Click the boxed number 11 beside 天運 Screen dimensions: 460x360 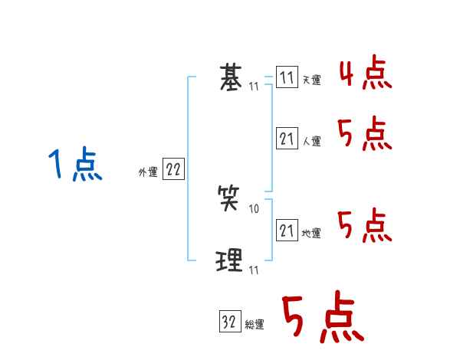tap(287, 77)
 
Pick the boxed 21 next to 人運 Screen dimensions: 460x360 tap(287, 139)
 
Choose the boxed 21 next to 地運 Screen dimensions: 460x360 tap(287, 231)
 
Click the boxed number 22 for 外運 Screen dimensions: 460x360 tap(173, 170)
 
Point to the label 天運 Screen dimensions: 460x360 tap(311, 80)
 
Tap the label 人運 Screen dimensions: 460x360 tap(311, 142)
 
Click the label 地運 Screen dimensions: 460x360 tap(311, 234)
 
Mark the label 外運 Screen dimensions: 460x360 tap(148, 173)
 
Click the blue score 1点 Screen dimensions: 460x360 tap(75, 165)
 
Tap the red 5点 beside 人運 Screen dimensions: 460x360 tap(365, 136)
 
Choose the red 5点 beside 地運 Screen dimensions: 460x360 tap(365, 226)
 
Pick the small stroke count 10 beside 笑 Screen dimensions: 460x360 tap(255, 209)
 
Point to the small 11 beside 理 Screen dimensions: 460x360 tap(254, 270)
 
